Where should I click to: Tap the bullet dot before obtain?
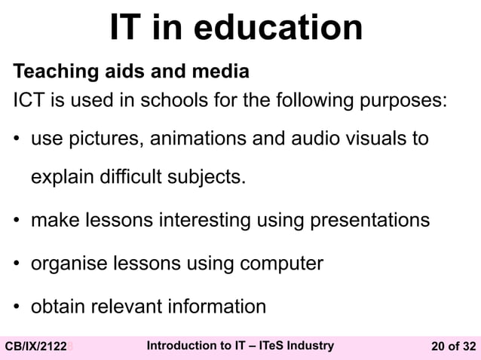[x=16, y=307]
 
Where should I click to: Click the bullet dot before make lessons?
[x=16, y=221]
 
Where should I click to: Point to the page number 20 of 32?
[x=453, y=346]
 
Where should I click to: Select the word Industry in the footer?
[x=307, y=346]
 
